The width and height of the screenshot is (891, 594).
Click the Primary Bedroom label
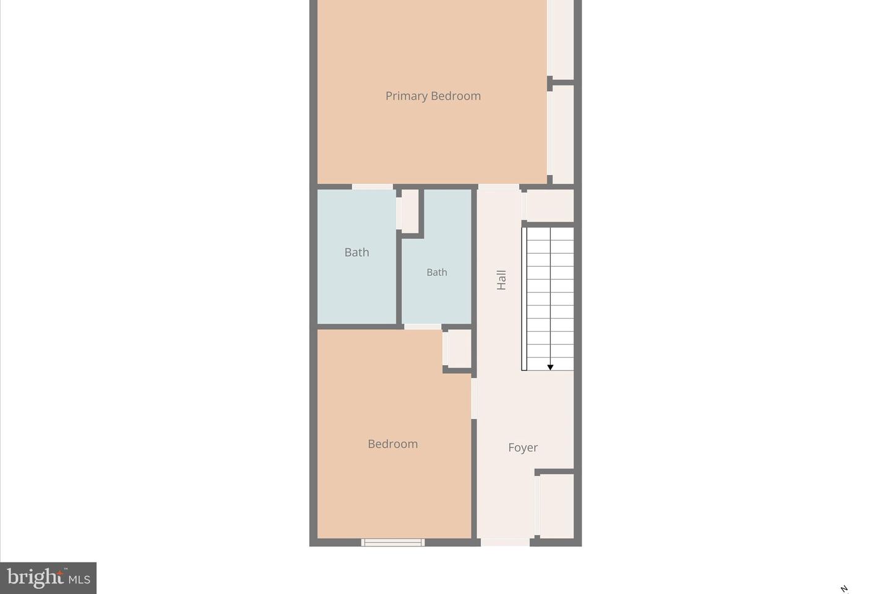pyautogui.click(x=433, y=96)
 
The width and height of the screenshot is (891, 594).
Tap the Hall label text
pyautogui.click(x=501, y=280)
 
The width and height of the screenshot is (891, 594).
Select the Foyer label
pyautogui.click(x=523, y=447)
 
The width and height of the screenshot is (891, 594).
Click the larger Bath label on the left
pyautogui.click(x=356, y=252)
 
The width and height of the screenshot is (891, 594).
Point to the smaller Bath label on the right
pyautogui.click(x=436, y=272)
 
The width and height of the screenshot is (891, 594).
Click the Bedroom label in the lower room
pyautogui.click(x=392, y=444)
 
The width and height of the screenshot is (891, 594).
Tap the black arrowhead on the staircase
pyautogui.click(x=550, y=368)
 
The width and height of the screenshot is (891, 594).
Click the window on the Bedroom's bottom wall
pyautogui.click(x=393, y=543)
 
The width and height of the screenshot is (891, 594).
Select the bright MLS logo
pyautogui.click(x=48, y=579)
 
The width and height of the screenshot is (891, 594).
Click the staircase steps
pyautogui.click(x=549, y=297)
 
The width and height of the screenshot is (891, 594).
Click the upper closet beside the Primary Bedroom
pyautogui.click(x=562, y=38)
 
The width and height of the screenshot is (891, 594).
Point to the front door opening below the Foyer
pyautogui.click(x=505, y=543)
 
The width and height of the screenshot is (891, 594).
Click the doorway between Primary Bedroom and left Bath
pyautogui.click(x=372, y=186)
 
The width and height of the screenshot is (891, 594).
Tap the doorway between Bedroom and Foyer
pyautogui.click(x=475, y=398)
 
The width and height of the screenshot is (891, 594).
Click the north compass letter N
pyautogui.click(x=844, y=589)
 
